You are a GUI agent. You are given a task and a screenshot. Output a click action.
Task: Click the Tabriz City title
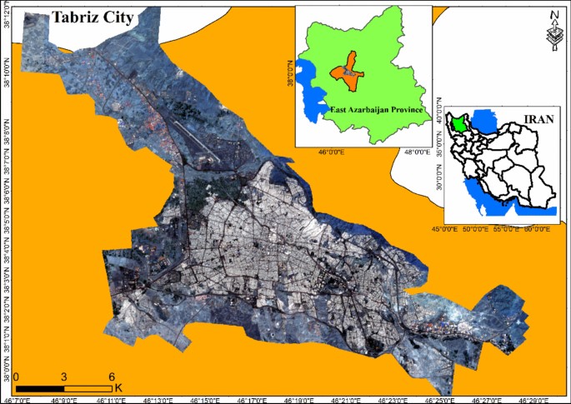coord(92,17)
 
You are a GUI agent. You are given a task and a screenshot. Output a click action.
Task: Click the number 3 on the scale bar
coord(64,377)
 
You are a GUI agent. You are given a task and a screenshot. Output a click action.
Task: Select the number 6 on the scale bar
coord(112,377)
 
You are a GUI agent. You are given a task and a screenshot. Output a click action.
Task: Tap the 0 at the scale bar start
coord(17,377)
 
